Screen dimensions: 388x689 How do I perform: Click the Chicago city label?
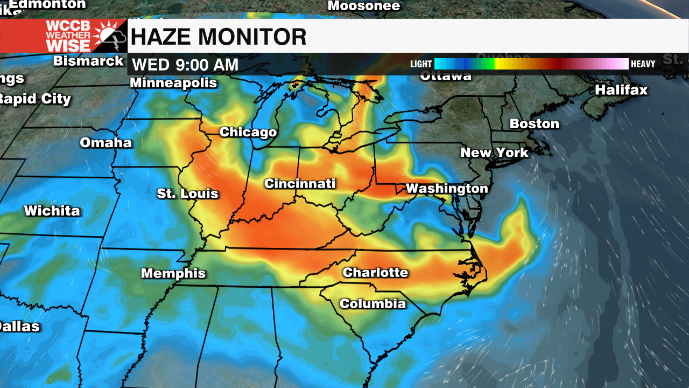tap(248, 132)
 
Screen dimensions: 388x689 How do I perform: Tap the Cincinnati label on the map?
tap(300, 184)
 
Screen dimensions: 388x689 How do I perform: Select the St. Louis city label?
tap(188, 193)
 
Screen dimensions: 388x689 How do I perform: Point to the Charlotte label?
tap(375, 273)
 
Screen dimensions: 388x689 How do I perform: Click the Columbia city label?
tap(372, 304)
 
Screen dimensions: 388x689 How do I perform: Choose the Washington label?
tap(447, 189)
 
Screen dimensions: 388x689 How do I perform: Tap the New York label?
tap(495, 153)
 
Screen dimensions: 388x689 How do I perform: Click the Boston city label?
tap(535, 124)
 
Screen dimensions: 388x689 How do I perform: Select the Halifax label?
tap(621, 90)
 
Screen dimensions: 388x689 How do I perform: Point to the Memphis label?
tap(173, 273)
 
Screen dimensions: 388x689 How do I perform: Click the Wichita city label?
tap(52, 211)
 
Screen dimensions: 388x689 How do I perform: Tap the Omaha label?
tap(106, 143)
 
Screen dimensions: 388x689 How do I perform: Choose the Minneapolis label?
tap(173, 83)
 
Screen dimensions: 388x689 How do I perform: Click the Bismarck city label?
tap(89, 61)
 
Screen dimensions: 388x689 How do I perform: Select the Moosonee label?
tap(364, 6)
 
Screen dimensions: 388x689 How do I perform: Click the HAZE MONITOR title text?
tap(219, 37)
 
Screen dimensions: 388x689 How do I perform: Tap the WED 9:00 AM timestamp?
tap(185, 65)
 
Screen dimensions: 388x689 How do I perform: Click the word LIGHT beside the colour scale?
tap(421, 64)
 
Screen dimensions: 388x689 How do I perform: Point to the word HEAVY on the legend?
tap(643, 64)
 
